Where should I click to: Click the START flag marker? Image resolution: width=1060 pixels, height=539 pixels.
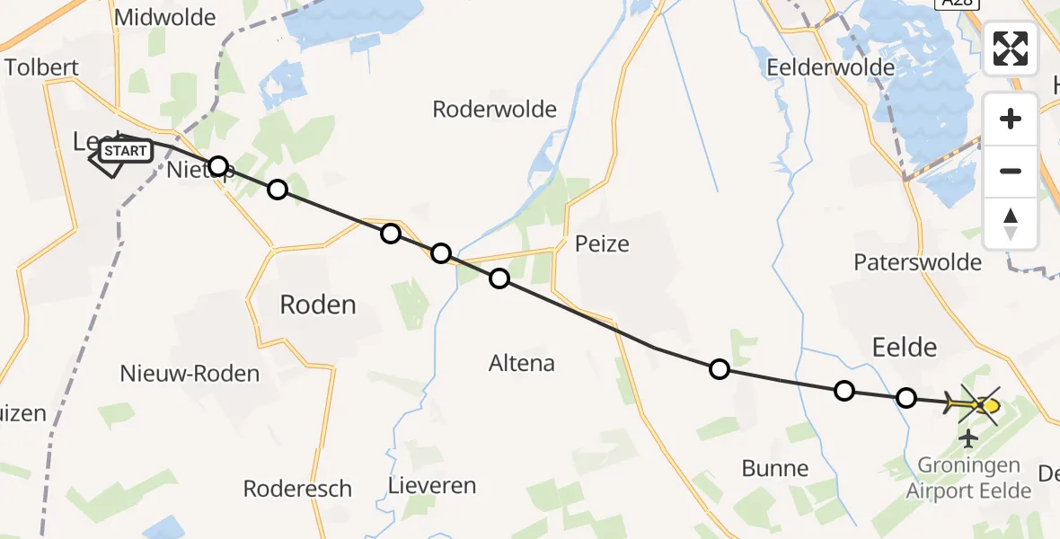pos(124,151)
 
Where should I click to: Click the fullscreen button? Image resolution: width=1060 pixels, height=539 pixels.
pos(1011,49)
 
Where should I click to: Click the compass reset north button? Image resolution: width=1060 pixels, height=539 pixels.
pos(1011,224)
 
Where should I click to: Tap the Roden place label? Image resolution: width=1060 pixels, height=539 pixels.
pos(318,305)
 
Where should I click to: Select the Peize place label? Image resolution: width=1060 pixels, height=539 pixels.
pos(602,243)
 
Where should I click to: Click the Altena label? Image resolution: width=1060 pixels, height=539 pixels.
pos(522,364)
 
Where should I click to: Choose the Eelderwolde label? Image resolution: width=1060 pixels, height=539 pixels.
pos(831,67)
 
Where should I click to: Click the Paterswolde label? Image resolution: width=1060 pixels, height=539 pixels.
pos(917,262)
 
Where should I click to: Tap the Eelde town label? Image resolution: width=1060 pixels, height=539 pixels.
pos(905,348)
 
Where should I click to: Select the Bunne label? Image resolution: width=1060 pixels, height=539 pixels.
pos(775,468)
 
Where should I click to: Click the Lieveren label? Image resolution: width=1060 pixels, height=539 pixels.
pos(432,486)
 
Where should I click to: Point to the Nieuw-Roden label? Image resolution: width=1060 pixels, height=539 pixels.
pos(190,374)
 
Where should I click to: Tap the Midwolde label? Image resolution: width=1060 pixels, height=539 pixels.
pos(165,17)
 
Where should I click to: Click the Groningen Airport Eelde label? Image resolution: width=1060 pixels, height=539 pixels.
pos(968,478)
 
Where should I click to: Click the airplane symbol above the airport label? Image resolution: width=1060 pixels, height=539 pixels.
pos(967,438)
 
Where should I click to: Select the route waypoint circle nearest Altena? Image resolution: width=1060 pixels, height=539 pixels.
pos(499,278)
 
